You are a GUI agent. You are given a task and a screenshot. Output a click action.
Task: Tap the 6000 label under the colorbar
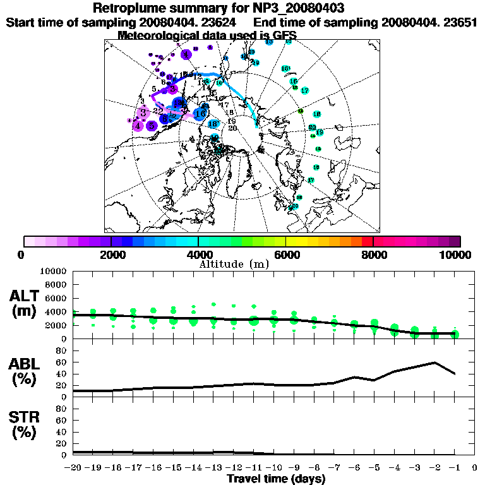286,255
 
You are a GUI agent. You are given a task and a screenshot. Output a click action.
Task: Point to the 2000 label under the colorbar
111,255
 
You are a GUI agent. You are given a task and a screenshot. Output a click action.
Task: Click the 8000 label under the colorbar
373,255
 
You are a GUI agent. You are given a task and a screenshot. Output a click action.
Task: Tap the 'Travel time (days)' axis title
275,479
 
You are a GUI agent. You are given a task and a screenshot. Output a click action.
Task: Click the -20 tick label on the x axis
73,468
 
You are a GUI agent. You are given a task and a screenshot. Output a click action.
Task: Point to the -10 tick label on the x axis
273,468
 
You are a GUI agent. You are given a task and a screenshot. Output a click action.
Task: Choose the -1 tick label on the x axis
453,468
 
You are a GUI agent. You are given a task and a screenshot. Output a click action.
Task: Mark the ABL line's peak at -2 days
434,362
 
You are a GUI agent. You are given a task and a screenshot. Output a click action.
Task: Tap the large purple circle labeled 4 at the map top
186,55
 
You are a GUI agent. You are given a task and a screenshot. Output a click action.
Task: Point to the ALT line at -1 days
454,333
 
